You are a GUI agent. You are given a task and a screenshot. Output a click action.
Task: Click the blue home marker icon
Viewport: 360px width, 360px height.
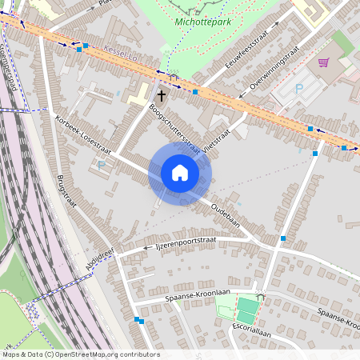click(179, 173)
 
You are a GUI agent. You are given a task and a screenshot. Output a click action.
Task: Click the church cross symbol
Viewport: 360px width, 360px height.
click(161, 95)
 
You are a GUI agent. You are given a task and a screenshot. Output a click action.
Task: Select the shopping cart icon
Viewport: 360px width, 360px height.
click(323, 62)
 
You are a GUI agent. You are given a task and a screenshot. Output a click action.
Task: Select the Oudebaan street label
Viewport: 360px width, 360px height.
click(225, 213)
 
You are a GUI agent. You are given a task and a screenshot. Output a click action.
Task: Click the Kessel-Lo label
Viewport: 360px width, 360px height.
click(121, 53)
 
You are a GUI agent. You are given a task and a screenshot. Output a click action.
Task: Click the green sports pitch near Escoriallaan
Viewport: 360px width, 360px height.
click(247, 310)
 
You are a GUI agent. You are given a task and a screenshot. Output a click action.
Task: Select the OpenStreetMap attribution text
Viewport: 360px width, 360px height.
click(80, 354)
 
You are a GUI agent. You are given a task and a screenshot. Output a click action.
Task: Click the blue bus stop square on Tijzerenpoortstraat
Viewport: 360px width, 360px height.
click(283, 238)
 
